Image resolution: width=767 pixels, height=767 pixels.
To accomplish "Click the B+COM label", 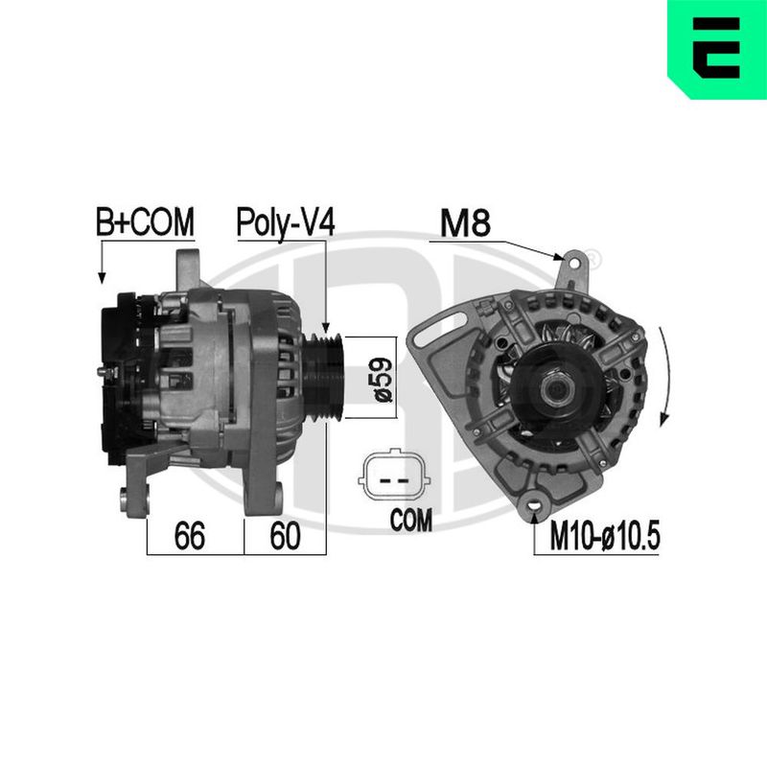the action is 145,222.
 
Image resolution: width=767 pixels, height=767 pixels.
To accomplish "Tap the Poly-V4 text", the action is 286,223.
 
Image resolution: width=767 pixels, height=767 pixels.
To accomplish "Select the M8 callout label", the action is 465,223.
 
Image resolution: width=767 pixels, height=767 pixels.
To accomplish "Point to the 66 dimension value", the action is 189,536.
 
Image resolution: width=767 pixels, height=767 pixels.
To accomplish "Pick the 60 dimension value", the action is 285,536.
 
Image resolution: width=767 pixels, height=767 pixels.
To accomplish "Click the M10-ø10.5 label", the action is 605,536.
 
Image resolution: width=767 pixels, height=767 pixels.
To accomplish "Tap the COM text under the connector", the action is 411,520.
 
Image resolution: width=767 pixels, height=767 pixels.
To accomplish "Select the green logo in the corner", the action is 717,50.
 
